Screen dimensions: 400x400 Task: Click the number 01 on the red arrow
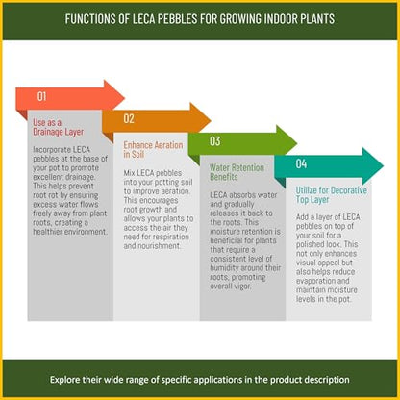tap(41, 96)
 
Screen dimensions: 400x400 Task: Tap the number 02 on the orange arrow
tap(129, 118)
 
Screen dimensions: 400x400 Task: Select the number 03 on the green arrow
tap(215, 141)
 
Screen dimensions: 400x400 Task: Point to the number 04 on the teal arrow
tap(301, 163)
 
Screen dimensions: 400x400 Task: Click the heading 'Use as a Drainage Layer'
tap(59, 127)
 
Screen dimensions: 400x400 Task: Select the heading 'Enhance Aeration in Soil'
tap(153, 149)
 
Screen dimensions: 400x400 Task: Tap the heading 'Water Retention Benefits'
tap(237, 172)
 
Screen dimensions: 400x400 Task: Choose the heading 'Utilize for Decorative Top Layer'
tap(332, 195)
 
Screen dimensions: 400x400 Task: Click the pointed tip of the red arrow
tap(124, 97)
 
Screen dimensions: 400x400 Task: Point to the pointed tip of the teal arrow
tap(384, 165)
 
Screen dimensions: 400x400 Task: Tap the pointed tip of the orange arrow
tap(211, 120)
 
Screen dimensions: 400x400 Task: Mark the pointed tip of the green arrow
tap(297, 143)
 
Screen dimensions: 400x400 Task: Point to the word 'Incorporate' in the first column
tap(52, 150)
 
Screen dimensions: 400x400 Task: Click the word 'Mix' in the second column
tap(130, 173)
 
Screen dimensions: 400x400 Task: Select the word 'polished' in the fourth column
tap(311, 244)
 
